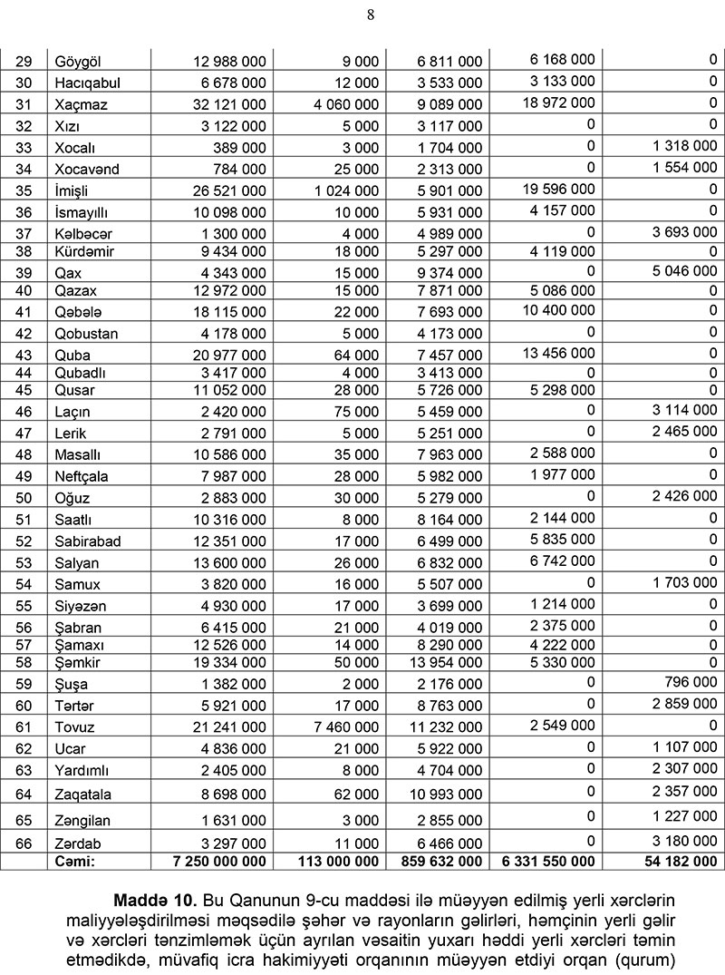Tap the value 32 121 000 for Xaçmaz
[x=230, y=104]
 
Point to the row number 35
[x=24, y=190]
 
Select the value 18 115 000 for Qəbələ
[x=230, y=312]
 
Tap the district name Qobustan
[x=87, y=334]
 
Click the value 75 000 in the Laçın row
[x=359, y=412]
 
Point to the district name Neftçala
[x=84, y=476]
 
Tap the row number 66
[x=24, y=843]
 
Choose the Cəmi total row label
[x=75, y=861]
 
